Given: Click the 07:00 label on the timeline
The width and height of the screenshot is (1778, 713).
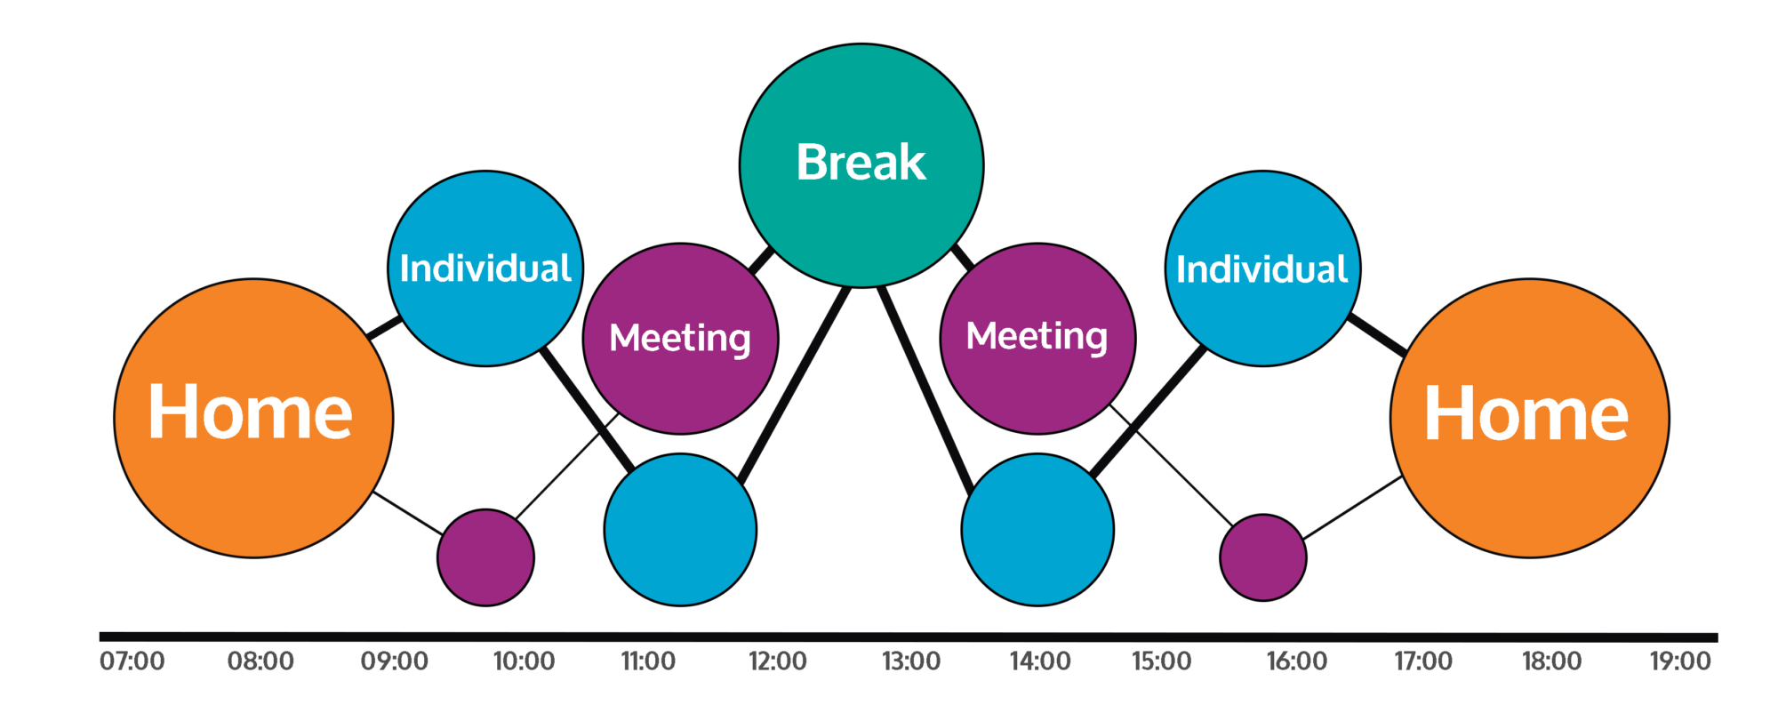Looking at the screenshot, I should tap(132, 661).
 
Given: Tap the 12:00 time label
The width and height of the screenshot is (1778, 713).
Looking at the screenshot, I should tap(778, 661).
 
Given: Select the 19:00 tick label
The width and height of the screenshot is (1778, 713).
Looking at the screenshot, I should tap(1680, 661).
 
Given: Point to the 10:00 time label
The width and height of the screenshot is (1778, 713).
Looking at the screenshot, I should tap(524, 661).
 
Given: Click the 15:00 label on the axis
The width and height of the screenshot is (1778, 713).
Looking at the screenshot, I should tap(1161, 661).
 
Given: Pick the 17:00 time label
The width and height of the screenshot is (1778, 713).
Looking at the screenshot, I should tap(1423, 661).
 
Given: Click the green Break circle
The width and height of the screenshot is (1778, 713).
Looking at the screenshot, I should tap(861, 165).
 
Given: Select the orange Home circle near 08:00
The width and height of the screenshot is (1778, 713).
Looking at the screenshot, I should tap(253, 418).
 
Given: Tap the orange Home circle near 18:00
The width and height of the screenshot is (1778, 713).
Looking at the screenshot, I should tap(1529, 418).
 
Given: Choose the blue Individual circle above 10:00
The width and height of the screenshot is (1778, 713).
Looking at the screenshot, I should tap(485, 268).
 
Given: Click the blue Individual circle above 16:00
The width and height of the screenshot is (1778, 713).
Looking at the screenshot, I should tap(1262, 268).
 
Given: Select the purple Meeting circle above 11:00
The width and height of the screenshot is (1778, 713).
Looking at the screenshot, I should tap(680, 339).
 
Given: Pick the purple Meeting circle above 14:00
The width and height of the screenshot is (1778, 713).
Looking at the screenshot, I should tap(1037, 339).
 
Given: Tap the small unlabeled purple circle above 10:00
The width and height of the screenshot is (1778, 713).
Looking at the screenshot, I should tap(485, 557).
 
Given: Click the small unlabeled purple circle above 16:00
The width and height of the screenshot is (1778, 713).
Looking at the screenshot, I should tap(1263, 557).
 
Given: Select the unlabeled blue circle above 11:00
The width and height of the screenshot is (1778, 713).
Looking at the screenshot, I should tap(680, 530).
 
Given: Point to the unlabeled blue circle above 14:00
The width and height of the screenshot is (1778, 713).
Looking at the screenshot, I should tap(1037, 530).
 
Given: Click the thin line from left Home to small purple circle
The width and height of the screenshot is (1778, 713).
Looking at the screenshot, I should tap(406, 513).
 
